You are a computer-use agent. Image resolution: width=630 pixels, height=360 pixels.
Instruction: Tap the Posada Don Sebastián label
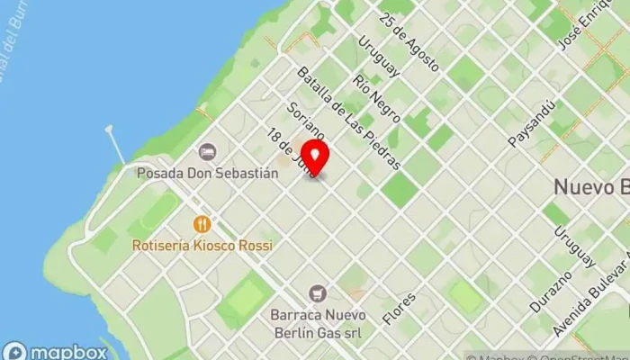(208, 172)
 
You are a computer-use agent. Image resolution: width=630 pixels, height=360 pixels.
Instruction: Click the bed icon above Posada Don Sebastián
(208, 151)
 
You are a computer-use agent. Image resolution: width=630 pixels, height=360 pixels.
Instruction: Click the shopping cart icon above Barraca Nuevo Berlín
(317, 293)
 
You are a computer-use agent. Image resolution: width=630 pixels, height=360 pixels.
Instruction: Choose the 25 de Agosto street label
(409, 41)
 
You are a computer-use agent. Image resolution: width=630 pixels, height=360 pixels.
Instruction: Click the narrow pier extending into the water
(113, 144)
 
